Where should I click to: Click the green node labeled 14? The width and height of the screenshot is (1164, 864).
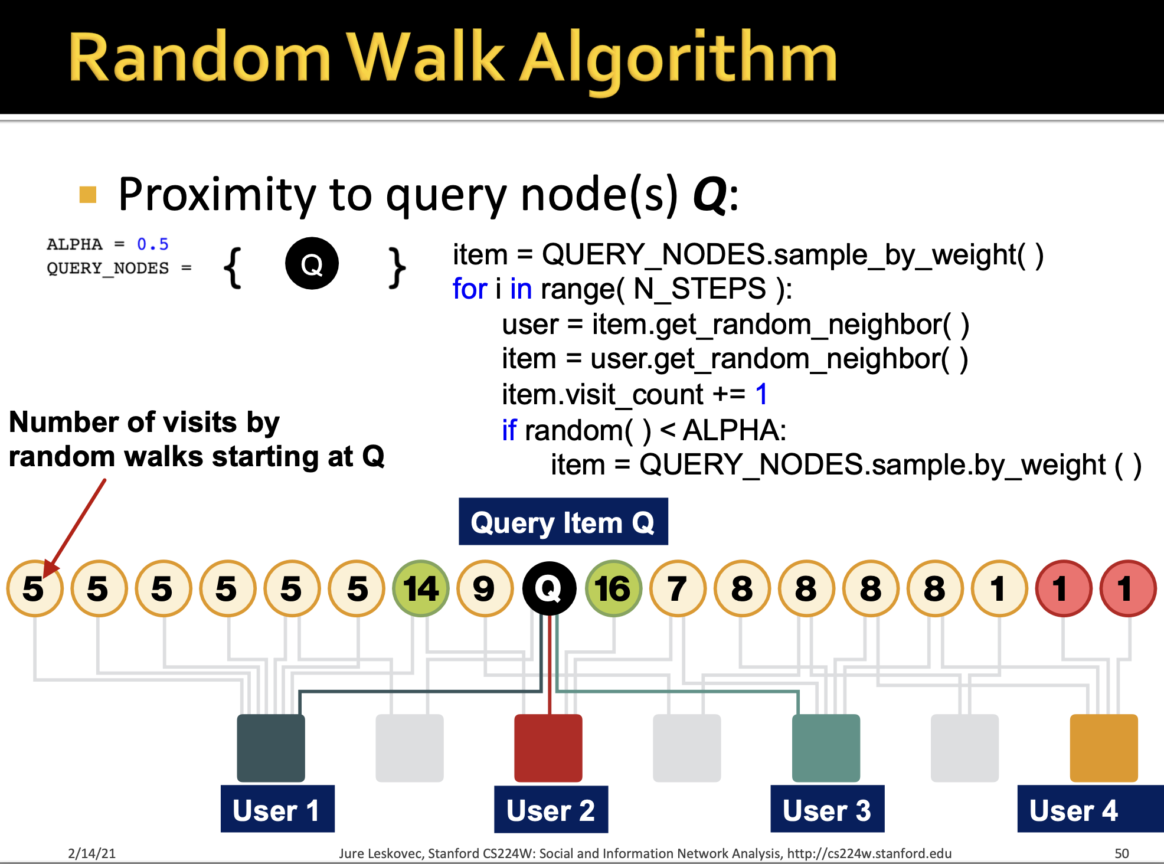421,588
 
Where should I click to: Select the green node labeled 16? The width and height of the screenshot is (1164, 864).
613,588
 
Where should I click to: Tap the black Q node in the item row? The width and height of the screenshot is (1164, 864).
549,588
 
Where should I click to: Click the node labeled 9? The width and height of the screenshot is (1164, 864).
485,588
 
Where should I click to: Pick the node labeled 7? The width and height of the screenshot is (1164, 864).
678,588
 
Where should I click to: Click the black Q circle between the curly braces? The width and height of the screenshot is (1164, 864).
312,263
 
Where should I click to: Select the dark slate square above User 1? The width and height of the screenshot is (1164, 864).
271,748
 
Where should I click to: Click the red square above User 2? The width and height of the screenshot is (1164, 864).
548,748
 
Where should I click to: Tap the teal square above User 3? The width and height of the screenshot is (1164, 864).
826,748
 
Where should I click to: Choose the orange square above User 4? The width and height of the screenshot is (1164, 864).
1104,748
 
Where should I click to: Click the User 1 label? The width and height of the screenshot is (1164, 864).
277,809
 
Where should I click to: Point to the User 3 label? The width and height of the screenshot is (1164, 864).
827,809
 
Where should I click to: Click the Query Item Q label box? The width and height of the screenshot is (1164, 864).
563,522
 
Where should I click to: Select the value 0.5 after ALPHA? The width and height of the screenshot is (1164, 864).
153,244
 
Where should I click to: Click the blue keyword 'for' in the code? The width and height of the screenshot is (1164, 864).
470,289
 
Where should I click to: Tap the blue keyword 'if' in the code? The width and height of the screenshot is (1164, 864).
509,430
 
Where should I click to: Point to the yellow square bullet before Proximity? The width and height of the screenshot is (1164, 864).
88,195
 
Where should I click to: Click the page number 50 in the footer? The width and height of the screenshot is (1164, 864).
1122,853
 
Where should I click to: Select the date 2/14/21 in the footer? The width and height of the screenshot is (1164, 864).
92,853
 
